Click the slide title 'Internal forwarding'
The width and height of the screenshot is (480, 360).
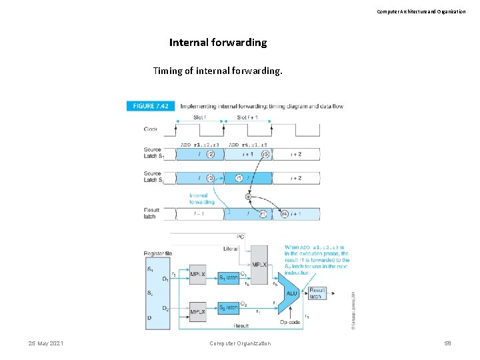(x=218, y=43)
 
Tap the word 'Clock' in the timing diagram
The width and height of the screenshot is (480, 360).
(x=151, y=129)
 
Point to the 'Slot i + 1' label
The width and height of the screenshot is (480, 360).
(x=248, y=117)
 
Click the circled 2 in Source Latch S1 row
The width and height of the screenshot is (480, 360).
(x=211, y=154)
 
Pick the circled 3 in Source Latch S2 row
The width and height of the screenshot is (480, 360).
(x=211, y=178)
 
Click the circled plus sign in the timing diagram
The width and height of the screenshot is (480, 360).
(x=249, y=197)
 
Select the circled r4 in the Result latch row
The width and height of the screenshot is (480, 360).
(x=285, y=214)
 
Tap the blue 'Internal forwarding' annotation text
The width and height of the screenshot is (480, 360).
(x=201, y=199)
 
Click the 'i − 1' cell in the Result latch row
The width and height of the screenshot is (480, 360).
(x=199, y=214)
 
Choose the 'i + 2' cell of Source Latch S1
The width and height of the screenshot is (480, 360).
(x=295, y=154)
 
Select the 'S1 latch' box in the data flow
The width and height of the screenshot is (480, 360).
(x=228, y=277)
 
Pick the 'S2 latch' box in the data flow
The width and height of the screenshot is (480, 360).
(x=228, y=307)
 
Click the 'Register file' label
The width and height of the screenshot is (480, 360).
(x=158, y=253)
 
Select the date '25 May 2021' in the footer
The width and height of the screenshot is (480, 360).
(x=46, y=343)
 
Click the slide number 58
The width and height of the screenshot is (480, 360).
(x=447, y=343)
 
